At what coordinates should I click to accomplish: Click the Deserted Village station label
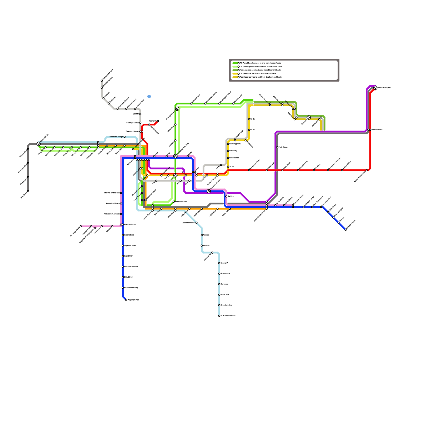(116, 137)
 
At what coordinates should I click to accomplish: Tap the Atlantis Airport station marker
(375, 88)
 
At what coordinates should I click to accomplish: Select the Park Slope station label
(283, 147)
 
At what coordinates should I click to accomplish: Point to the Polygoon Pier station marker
(126, 300)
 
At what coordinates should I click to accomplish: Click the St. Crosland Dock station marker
(219, 316)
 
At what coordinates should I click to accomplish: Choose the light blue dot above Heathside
(149, 97)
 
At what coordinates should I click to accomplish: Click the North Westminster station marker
(367, 170)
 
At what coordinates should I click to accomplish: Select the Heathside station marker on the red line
(158, 121)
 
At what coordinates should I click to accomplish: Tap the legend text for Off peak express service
(261, 67)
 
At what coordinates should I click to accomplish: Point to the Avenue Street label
(130, 224)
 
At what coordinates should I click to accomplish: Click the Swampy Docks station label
(133, 123)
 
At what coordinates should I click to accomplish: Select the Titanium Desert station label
(132, 132)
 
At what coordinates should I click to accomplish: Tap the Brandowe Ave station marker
(219, 305)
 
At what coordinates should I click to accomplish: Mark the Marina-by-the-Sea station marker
(121, 193)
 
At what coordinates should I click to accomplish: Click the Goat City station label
(128, 256)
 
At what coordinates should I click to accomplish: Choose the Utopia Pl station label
(224, 263)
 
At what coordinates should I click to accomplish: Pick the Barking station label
(231, 197)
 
